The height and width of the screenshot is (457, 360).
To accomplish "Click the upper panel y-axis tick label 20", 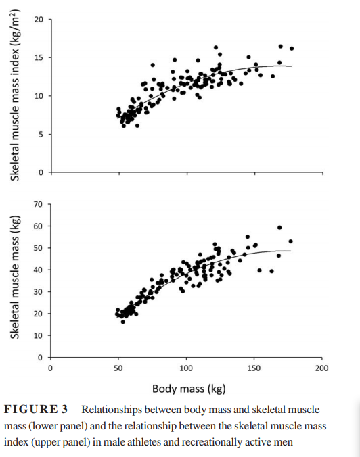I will (x=39, y=20).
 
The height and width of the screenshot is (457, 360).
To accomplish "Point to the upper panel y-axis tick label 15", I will (x=39, y=58).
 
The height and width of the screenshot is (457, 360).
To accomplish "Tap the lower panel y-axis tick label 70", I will (x=38, y=204).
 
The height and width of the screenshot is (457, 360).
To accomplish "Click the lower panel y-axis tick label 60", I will (x=38, y=226).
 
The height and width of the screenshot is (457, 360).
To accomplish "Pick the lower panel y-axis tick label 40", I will (x=38, y=270).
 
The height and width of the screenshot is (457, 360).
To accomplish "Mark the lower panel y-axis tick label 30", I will (x=38, y=291).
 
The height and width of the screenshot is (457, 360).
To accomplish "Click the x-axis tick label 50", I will (x=118, y=368).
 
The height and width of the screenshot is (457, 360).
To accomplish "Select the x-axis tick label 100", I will (x=186, y=368).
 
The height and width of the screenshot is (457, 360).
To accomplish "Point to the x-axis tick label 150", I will (x=254, y=368).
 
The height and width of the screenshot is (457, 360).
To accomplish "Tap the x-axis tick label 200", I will (x=322, y=368).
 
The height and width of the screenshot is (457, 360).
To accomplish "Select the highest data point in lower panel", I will (x=279, y=228).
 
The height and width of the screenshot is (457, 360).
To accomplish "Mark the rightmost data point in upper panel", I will (x=292, y=49).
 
